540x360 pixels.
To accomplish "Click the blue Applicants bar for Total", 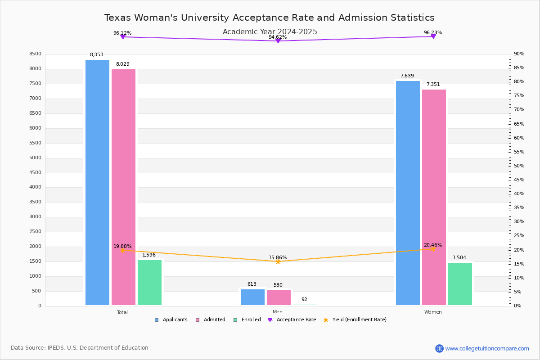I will coord(97,182).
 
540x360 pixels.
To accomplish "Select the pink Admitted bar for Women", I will coord(434,197).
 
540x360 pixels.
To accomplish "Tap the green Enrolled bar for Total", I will coord(149,283).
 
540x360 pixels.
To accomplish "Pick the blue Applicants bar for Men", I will coord(252,297).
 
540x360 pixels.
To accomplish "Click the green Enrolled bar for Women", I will coord(460,284).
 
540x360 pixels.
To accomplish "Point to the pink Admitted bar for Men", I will coord(279,297).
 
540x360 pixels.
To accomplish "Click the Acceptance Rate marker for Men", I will coord(278,41).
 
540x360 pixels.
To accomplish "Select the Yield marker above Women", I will coord(433,249).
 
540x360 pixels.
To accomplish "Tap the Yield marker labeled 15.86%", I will coord(278,261).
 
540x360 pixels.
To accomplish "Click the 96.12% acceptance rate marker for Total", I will coord(122,37).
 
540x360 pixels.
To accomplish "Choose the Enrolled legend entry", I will coord(247,320).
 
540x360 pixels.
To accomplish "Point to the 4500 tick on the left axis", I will coord(35,173).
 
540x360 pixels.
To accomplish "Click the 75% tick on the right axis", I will coord(519,96).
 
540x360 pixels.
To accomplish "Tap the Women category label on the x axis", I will coord(433,312).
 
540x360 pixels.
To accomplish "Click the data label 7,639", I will coord(407,76).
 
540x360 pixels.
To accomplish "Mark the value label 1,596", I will coord(149,255).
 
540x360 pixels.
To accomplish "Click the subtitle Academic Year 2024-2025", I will coord(270,32).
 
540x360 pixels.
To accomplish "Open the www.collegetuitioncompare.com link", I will coord(487,348).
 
